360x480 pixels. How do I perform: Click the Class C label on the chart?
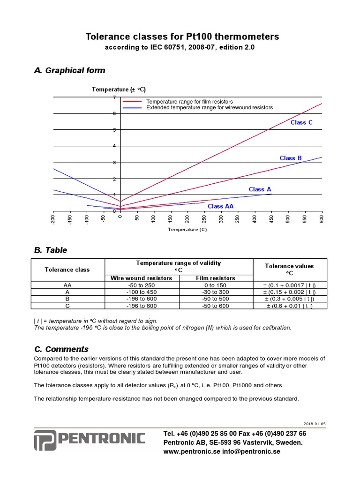(301, 122)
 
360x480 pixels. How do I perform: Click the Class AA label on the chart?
(220, 206)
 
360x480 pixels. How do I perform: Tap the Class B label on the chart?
(291, 158)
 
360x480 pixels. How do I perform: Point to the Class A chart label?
(260, 189)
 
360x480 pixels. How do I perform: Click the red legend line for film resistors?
(132, 102)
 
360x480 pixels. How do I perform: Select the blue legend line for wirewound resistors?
(132, 108)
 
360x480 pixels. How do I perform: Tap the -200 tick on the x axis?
(53, 219)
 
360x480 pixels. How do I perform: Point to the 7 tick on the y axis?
(114, 97)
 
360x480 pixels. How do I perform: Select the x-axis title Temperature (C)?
(187, 230)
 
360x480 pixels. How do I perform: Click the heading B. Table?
(51, 250)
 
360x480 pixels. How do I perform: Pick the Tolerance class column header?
(67, 270)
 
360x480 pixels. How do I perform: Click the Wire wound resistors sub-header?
(141, 278)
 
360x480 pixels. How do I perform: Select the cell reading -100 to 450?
(141, 292)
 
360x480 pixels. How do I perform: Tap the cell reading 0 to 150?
(215, 285)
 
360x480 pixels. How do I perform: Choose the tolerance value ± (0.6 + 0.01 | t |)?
(289, 306)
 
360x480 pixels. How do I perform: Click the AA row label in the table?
(67, 285)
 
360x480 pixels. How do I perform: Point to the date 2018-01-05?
(314, 424)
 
